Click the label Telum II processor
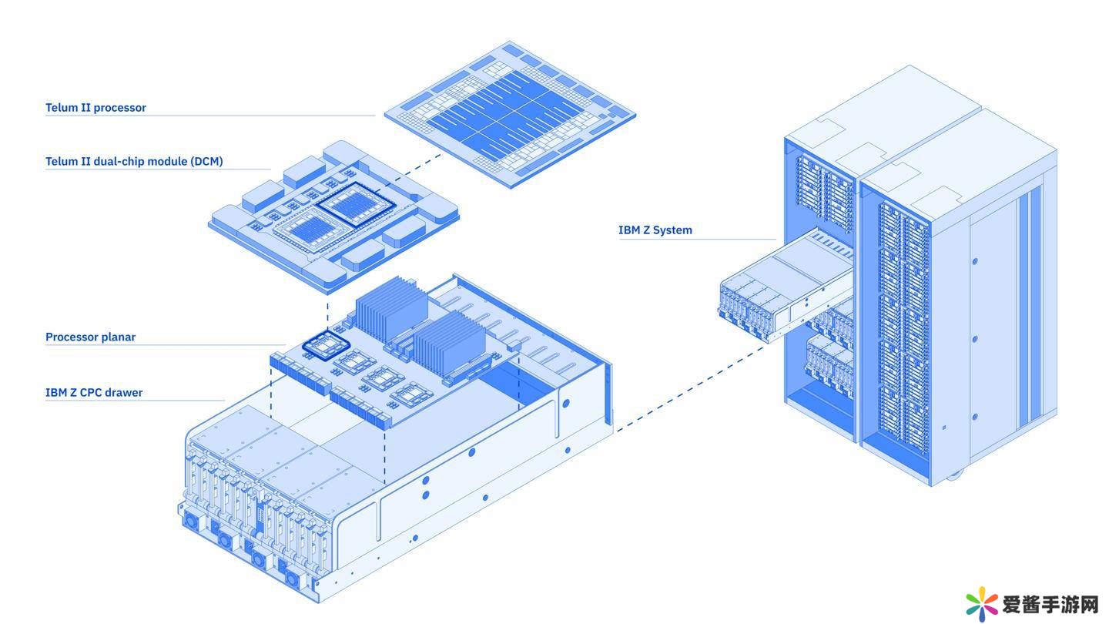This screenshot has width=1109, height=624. point(95,108)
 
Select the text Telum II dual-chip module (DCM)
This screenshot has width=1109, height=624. point(134,162)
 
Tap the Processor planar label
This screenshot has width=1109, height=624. point(90,337)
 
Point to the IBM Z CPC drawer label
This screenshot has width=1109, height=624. point(94,393)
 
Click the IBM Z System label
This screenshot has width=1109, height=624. point(655,230)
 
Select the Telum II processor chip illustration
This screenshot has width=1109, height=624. point(509,115)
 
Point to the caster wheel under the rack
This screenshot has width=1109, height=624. point(953,476)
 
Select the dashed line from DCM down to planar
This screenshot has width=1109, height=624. point(328,312)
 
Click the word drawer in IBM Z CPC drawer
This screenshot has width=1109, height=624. point(123,393)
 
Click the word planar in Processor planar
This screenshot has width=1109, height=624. point(119,337)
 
